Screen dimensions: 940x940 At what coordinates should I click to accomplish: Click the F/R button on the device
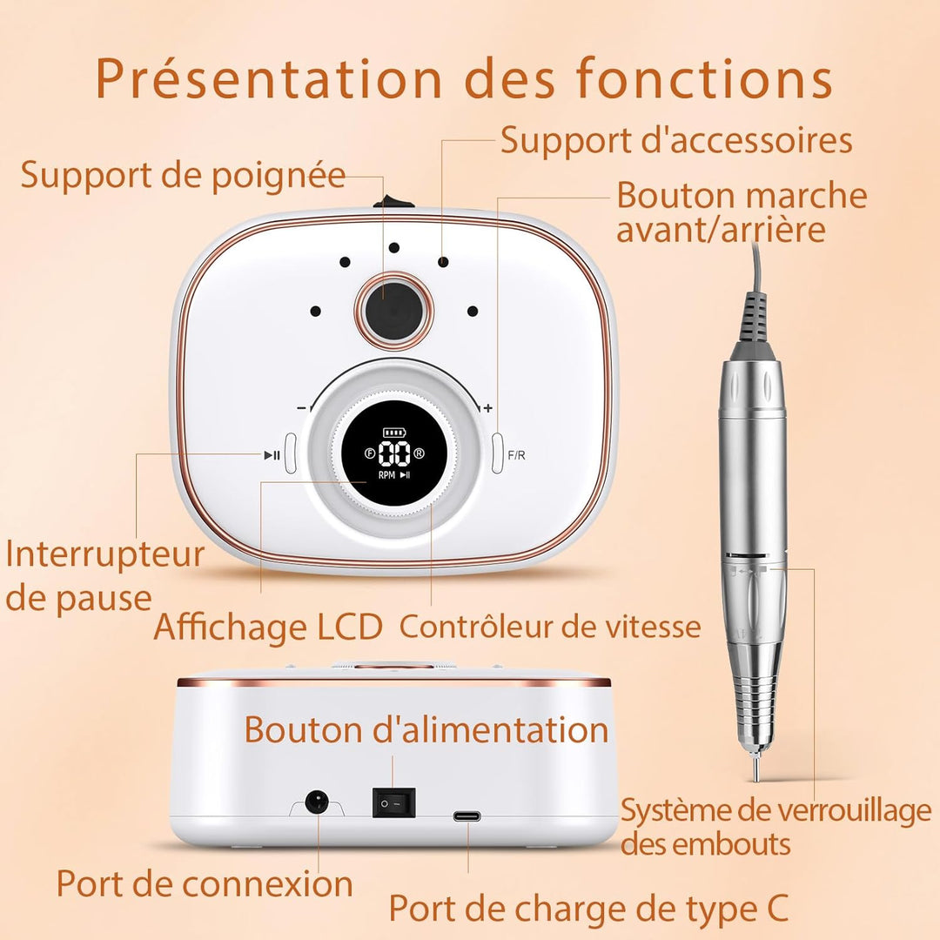click(497, 453)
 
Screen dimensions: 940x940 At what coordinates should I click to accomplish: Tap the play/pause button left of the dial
click(291, 453)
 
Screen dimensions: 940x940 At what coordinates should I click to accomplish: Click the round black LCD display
click(393, 453)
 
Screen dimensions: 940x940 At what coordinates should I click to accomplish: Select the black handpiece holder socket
click(394, 311)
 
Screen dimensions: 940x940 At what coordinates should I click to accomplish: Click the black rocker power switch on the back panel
click(394, 802)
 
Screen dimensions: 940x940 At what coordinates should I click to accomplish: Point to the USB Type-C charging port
click(467, 816)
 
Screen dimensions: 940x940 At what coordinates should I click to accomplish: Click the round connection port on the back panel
click(318, 802)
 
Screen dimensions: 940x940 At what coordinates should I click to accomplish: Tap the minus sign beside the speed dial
click(301, 408)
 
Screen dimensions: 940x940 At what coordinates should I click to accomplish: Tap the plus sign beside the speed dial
click(488, 407)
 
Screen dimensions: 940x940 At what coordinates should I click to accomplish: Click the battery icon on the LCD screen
click(394, 432)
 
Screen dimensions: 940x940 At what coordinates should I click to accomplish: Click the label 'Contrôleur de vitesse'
click(550, 627)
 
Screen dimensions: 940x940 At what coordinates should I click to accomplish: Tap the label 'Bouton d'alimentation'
click(426, 729)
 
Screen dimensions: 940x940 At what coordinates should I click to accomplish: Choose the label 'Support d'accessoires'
click(676, 142)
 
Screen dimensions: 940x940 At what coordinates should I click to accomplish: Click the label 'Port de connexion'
click(205, 883)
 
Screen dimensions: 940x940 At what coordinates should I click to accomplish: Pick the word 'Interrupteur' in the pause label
click(105, 555)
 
